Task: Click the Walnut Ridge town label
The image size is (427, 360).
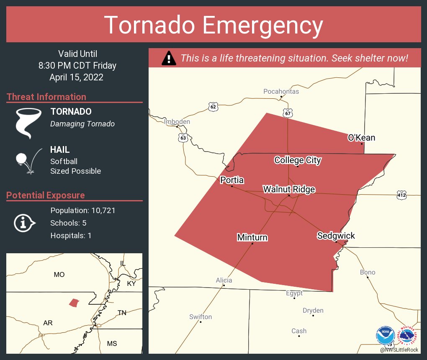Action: pyautogui.click(x=289, y=190)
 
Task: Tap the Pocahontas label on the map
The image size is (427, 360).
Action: pyautogui.click(x=281, y=91)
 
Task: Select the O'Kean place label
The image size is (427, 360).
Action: pyautogui.click(x=361, y=138)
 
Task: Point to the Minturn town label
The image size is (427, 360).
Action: pyautogui.click(x=252, y=238)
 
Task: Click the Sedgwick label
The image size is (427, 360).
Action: pyautogui.click(x=336, y=236)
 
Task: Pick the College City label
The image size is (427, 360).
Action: pyautogui.click(x=298, y=160)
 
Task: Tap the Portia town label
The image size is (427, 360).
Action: pyautogui.click(x=232, y=180)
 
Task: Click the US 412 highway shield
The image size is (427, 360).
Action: pyautogui.click(x=402, y=194)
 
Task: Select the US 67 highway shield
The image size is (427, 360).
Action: pyautogui.click(x=288, y=113)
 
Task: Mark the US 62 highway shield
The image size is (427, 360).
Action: pyautogui.click(x=213, y=107)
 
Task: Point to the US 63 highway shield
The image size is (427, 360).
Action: pyautogui.click(x=183, y=138)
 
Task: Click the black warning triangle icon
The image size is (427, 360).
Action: pyautogui.click(x=169, y=58)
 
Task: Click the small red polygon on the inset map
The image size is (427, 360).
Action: pyautogui.click(x=74, y=302)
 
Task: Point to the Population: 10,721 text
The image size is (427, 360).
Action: pyautogui.click(x=82, y=210)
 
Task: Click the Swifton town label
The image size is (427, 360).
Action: pyautogui.click(x=201, y=317)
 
